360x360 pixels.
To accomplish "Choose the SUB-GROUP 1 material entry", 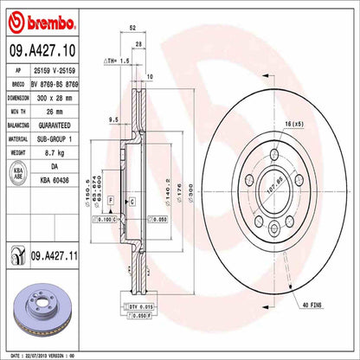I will [x=66, y=138].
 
